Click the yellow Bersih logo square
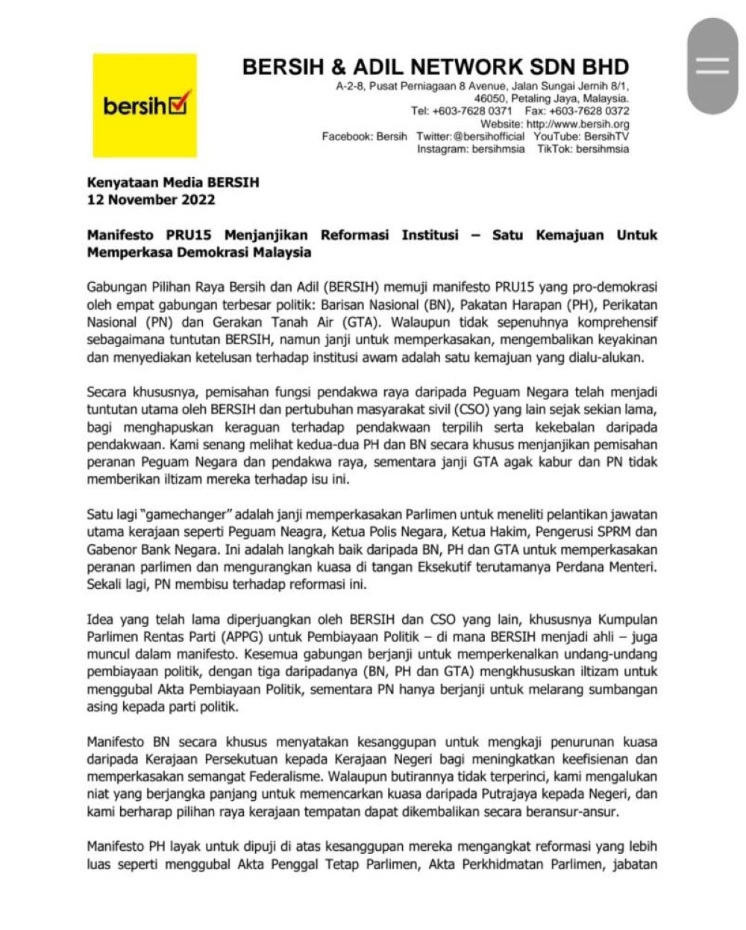145,105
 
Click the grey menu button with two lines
712,66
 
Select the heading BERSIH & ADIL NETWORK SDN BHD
436,66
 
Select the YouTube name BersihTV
606,137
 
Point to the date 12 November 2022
151,200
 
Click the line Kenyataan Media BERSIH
173,182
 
